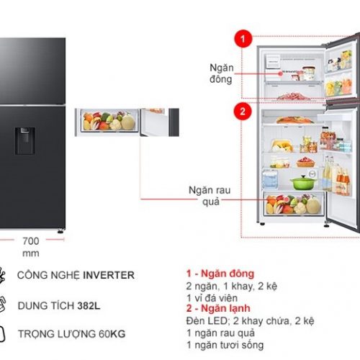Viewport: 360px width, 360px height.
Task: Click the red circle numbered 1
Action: click(x=243, y=39)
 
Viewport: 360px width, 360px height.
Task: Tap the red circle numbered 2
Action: click(x=243, y=112)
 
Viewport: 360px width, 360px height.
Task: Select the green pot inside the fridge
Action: click(x=303, y=182)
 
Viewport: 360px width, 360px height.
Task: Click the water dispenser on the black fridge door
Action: click(x=25, y=141)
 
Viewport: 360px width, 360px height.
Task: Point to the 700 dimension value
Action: click(x=31, y=241)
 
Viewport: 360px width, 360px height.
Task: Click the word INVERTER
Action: click(x=109, y=275)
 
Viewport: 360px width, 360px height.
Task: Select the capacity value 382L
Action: click(x=89, y=306)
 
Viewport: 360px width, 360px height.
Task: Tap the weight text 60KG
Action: click(x=112, y=334)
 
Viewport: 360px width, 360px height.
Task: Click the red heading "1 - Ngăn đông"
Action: click(x=220, y=274)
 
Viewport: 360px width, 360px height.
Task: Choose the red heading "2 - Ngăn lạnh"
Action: click(x=218, y=308)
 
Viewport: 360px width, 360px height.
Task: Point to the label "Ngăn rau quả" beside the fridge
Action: click(x=210, y=196)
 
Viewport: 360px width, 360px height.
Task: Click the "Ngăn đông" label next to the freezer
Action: click(x=221, y=73)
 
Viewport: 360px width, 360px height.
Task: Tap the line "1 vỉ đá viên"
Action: click(x=212, y=298)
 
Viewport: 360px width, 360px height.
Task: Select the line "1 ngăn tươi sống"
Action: click(x=225, y=345)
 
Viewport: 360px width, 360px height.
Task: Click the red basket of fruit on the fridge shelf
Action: click(x=305, y=162)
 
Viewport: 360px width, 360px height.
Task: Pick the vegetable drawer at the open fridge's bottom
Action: click(x=294, y=204)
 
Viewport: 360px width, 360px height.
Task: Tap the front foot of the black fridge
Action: click(x=60, y=231)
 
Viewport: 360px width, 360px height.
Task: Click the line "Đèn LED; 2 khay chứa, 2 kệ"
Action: click(x=250, y=321)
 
